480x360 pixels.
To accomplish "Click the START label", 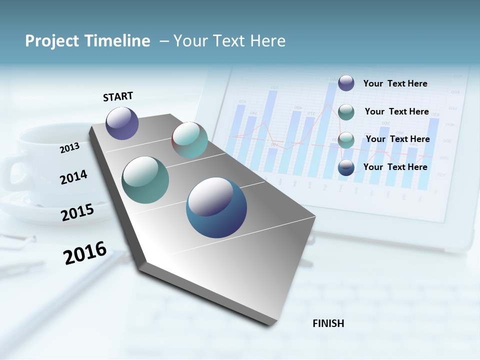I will tap(118, 96).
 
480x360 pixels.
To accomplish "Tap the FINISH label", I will tap(328, 323).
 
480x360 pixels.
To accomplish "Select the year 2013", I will tap(69, 148).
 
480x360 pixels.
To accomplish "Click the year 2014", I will tap(73, 177).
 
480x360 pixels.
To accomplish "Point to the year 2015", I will tap(77, 212).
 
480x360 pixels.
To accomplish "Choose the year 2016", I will tap(85, 252).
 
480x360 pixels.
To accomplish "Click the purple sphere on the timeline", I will tap(122, 123).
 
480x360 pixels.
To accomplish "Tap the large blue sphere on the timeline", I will tap(216, 207).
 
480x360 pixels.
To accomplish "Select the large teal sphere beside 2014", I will tap(145, 180).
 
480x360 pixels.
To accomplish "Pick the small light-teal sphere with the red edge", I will tap(189, 140).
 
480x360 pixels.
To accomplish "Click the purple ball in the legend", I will tap(346, 83).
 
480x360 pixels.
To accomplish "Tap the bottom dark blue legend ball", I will tap(346, 167).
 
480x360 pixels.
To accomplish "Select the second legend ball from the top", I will tap(346, 112).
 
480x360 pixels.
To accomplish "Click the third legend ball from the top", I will tap(346, 140).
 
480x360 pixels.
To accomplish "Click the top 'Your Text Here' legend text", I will tap(395, 83).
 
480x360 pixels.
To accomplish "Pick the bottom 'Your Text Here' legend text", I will tap(395, 167).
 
